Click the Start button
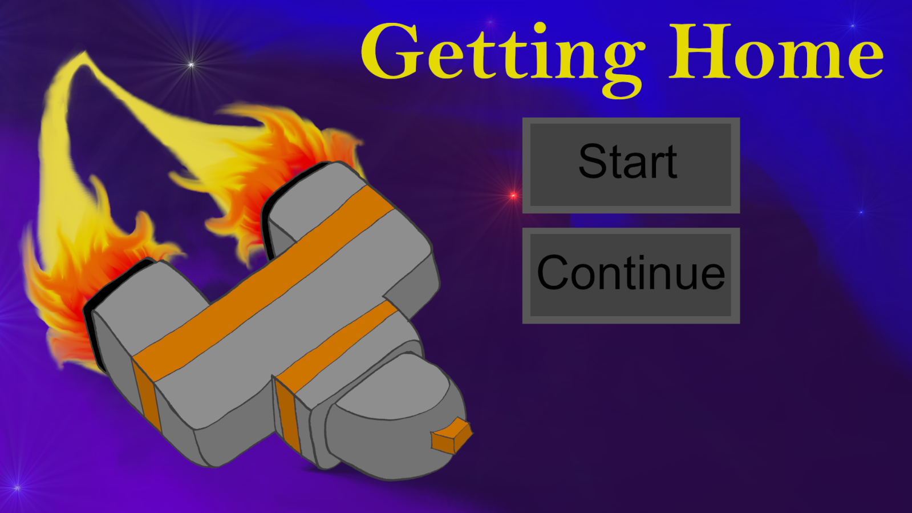[631, 165]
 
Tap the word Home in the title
[776, 51]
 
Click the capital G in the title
[390, 51]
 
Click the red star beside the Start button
[513, 196]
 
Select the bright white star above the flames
[192, 64]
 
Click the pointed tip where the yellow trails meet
[84, 52]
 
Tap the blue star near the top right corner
[853, 26]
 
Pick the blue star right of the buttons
[861, 212]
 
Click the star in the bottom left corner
[17, 487]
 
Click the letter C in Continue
[552, 273]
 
